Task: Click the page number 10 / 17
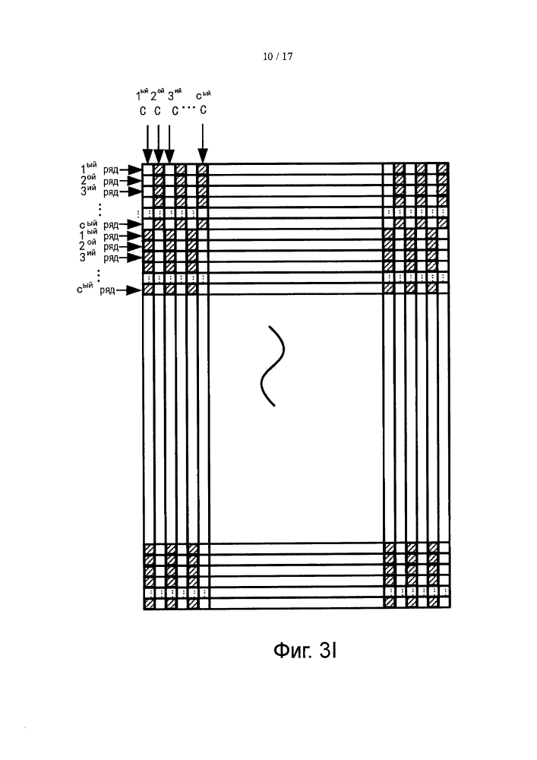pos(277,57)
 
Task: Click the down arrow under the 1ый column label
pos(147,144)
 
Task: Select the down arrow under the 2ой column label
pos(158,144)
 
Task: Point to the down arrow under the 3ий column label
pos(169,144)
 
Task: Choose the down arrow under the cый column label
pos(203,143)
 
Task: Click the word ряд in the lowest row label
pos(108,290)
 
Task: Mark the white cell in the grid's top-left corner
pos(148,169)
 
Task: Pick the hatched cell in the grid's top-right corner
pos(443,169)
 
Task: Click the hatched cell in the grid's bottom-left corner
pos(149,603)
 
